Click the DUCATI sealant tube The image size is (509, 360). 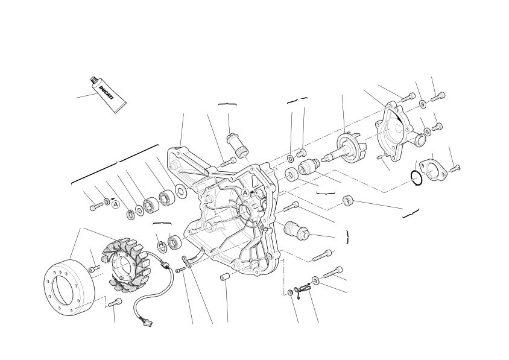[x=107, y=95]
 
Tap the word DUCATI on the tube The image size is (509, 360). [x=106, y=93]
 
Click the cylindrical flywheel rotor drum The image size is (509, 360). [x=69, y=288]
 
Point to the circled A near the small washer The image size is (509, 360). [x=115, y=204]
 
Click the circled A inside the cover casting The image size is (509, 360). [x=245, y=193]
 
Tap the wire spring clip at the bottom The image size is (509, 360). [x=302, y=288]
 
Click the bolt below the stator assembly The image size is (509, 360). [x=115, y=302]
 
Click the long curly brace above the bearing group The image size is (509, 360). [x=115, y=163]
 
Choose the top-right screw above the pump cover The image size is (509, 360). [x=438, y=96]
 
